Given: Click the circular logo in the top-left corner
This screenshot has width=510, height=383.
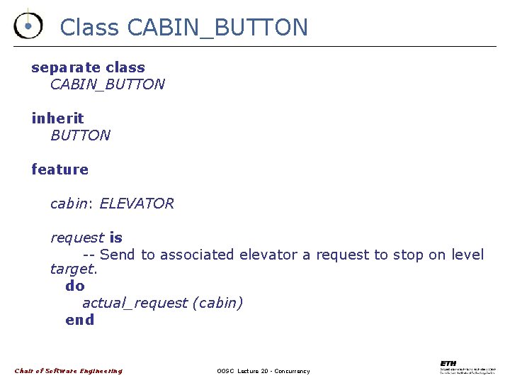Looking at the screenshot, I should click(x=28, y=26).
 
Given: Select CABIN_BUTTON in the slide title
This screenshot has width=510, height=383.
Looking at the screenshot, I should click(x=217, y=28).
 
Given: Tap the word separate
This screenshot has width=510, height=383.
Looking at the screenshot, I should click(x=66, y=68).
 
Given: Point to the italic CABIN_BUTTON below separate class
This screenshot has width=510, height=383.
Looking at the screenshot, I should click(x=107, y=84).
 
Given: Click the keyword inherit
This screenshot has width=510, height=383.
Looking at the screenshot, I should click(x=57, y=118).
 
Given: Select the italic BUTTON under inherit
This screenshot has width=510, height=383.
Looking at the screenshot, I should click(x=80, y=135).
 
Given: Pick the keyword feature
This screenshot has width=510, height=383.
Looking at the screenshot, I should click(x=59, y=170).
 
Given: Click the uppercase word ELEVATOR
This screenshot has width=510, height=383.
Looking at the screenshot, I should click(x=136, y=204).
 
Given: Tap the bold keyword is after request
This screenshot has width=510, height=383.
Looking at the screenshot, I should click(x=115, y=238).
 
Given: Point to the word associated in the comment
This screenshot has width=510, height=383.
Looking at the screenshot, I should click(x=188, y=255).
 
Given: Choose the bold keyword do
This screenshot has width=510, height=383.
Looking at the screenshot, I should click(x=74, y=286).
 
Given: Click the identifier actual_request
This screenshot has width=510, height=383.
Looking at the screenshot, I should click(x=135, y=303).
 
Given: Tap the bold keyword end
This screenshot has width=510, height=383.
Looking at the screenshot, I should click(x=79, y=320).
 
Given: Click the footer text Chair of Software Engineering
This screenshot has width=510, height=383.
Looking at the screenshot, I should click(x=69, y=371).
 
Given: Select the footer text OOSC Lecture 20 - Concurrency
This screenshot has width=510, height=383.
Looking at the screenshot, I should click(x=263, y=371).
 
